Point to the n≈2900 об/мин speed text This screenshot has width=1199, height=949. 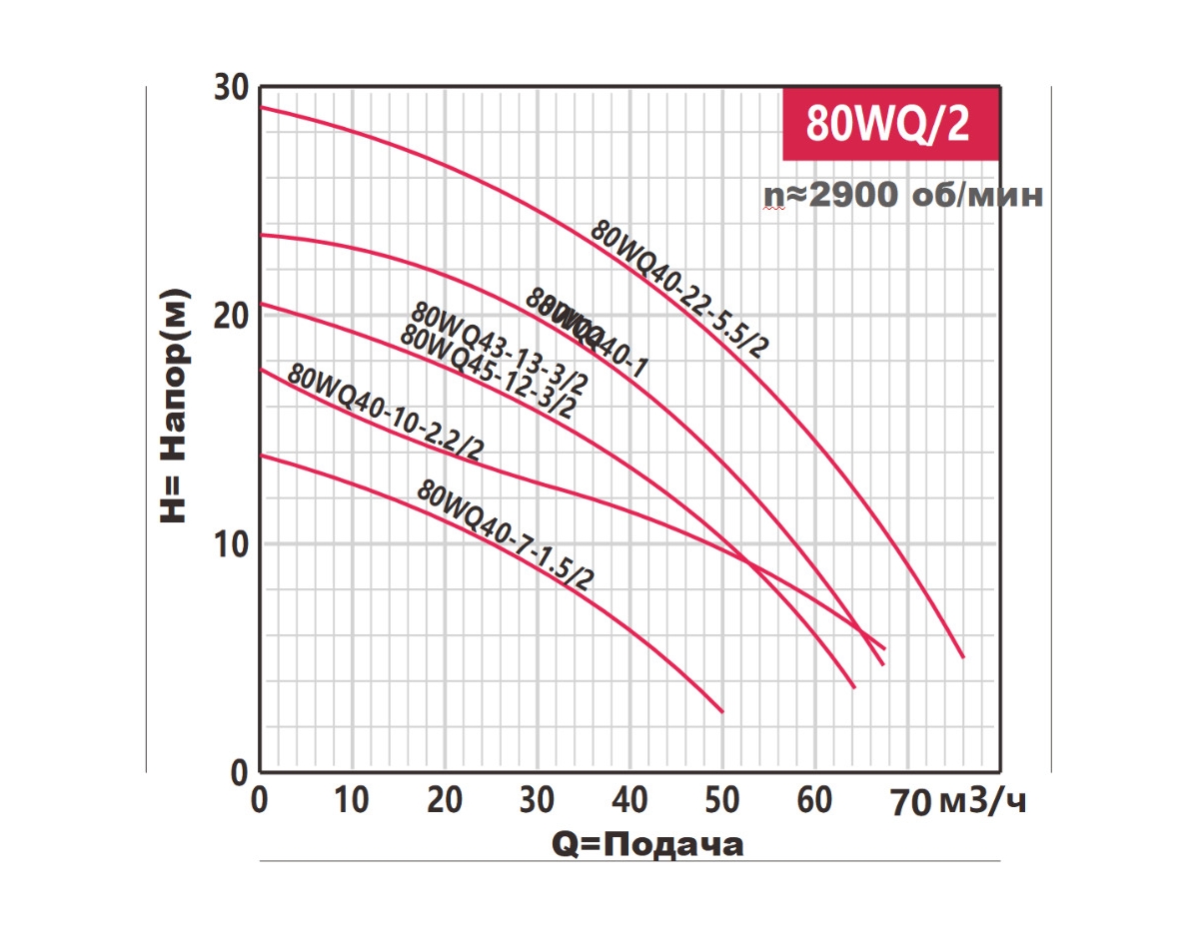[903, 196]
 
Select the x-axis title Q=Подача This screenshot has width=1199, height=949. [647, 845]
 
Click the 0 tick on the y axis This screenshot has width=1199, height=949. [238, 772]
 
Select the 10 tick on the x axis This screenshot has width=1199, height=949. [351, 800]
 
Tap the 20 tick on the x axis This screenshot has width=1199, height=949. [444, 800]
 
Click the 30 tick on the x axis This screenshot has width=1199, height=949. [537, 800]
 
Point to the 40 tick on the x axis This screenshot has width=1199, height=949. [629, 800]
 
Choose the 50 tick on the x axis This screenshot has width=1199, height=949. [722, 800]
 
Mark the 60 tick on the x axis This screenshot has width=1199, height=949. [815, 800]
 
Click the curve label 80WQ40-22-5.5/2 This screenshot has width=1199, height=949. [679, 289]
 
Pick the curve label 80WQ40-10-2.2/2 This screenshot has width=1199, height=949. [385, 413]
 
